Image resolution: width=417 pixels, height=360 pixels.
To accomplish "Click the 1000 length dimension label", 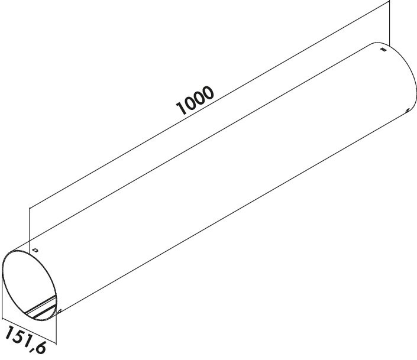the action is [x=195, y=100].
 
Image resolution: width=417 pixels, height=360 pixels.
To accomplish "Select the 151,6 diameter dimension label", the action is [x=25, y=340].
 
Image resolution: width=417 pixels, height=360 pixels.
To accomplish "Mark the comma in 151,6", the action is [x=33, y=349].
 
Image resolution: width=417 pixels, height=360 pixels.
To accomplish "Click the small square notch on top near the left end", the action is [x=35, y=250].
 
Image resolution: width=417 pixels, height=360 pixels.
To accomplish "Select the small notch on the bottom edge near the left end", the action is [x=60, y=310].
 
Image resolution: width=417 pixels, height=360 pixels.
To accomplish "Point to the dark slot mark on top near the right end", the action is [x=383, y=49].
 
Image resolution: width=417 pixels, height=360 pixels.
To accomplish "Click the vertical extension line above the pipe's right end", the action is [x=389, y=22].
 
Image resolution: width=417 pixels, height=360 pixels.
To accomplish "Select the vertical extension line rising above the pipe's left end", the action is [x=30, y=229].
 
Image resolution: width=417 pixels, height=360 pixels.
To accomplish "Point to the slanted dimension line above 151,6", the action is [x=29, y=330].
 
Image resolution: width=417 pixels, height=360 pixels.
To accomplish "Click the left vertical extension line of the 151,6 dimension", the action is [x=2, y=295].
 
